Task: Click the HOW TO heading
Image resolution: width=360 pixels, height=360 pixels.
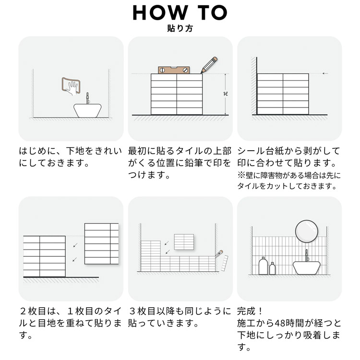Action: pyautogui.click(x=180, y=12)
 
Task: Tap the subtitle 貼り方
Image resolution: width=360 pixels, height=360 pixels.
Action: pyautogui.click(x=180, y=28)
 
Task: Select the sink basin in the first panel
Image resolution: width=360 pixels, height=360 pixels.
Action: pyautogui.click(x=87, y=110)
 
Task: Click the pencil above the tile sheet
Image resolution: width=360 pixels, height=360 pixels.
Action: pyautogui.click(x=209, y=65)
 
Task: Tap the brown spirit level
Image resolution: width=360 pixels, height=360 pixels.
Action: pyautogui.click(x=174, y=70)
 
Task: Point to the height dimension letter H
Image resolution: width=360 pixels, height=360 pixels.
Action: pyautogui.click(x=226, y=94)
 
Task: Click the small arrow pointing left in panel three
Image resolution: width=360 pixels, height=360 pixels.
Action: pyautogui.click(x=325, y=73)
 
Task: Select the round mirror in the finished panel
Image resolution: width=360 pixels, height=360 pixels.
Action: pyautogui.click(x=307, y=231)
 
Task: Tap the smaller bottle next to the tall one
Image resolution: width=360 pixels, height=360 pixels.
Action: pyautogui.click(x=272, y=268)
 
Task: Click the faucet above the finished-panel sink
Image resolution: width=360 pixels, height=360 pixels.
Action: pyautogui.click(x=307, y=255)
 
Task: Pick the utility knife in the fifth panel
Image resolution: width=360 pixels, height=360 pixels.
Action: pyautogui.click(x=219, y=253)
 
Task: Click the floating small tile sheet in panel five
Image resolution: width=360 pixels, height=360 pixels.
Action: pyautogui.click(x=184, y=242)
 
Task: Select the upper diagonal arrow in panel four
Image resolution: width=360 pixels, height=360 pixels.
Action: pyautogui.click(x=75, y=245)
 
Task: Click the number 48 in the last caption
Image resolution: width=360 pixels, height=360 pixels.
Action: pyautogui.click(x=280, y=323)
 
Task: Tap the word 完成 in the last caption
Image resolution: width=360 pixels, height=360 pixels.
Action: pyautogui.click(x=246, y=311)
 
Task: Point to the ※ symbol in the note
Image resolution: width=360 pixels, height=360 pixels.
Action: pyautogui.click(x=241, y=175)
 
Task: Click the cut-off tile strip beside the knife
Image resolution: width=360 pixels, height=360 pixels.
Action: pyautogui.click(x=225, y=263)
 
